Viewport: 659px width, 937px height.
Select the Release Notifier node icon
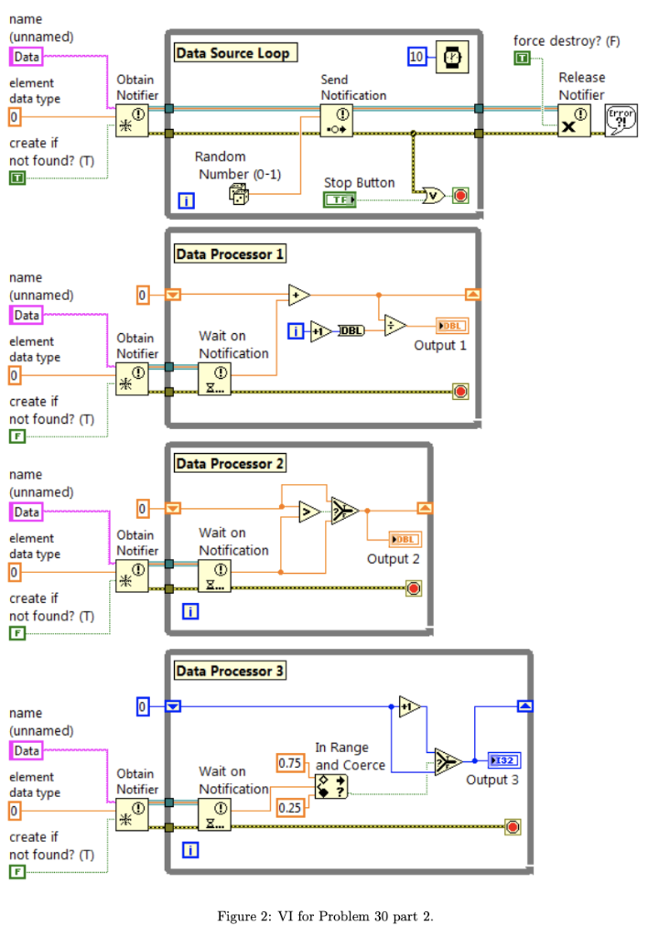tap(574, 121)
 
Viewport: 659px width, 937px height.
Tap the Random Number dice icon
tap(238, 194)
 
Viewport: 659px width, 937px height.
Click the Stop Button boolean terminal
tap(340, 199)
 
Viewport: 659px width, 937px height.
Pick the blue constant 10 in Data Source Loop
tap(417, 57)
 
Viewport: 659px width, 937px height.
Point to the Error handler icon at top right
tap(621, 120)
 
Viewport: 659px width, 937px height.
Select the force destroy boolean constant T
tap(522, 59)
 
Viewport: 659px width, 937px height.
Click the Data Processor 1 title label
tap(230, 253)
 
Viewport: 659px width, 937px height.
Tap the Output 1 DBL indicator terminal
tap(451, 326)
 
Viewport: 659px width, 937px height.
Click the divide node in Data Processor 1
tap(394, 326)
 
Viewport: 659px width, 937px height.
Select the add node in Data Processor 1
tap(298, 295)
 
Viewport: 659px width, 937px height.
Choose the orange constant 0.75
tap(290, 762)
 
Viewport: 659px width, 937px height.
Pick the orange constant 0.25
tap(290, 806)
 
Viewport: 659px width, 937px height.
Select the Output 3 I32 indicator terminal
tap(504, 760)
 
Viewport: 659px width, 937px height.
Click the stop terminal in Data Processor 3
tap(513, 827)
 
